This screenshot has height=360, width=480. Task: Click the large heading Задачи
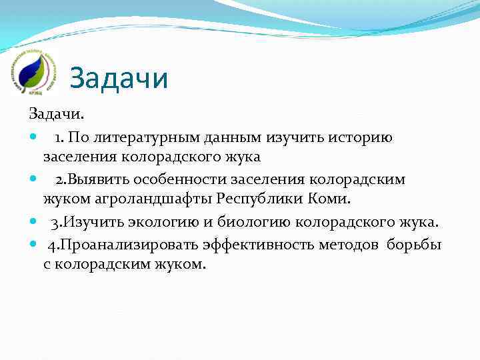tap(119, 78)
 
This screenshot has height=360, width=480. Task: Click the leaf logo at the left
tap(31, 70)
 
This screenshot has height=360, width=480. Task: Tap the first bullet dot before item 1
tap(34, 137)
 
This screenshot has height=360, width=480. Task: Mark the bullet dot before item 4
tap(34, 244)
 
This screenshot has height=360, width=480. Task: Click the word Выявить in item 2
tap(97, 180)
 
